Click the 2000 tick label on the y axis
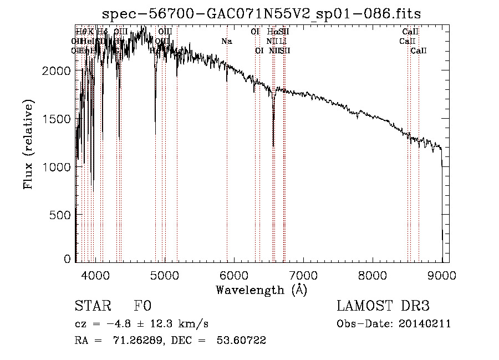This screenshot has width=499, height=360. coord(58,71)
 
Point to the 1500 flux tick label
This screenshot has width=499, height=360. coord(58,119)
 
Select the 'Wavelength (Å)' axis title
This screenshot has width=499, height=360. coord(261,290)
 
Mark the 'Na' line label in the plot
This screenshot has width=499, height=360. coord(226,42)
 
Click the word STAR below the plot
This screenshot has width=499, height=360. coord(92,306)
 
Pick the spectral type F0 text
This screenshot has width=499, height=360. coord(142,306)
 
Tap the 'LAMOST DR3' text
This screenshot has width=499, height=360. coord(383,306)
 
